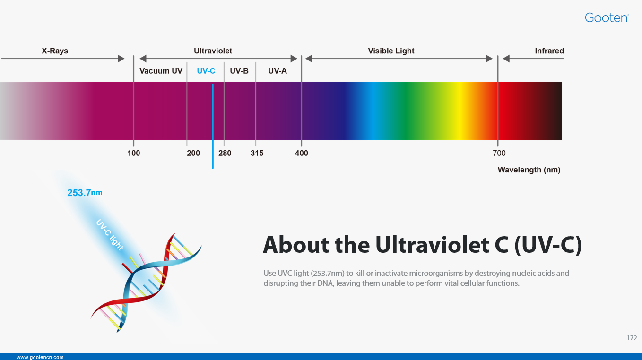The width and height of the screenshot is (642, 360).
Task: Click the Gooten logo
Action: click(607, 18)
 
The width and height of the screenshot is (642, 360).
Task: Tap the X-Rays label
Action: click(55, 51)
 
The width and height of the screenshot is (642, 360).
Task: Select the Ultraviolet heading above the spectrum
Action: click(213, 51)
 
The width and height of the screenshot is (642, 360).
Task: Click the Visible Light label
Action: click(391, 51)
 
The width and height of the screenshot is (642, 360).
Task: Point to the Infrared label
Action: click(549, 51)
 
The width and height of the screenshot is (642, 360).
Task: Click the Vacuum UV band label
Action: click(161, 71)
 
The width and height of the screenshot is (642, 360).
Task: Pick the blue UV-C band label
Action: click(206, 71)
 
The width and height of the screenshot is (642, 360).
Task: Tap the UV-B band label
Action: click(239, 71)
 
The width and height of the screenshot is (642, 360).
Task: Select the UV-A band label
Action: click(278, 71)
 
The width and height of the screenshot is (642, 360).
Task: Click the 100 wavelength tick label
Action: click(134, 153)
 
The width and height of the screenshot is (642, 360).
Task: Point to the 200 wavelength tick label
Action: click(193, 153)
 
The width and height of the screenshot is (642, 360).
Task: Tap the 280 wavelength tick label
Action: click(225, 153)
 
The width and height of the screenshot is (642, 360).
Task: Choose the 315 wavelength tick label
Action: click(257, 153)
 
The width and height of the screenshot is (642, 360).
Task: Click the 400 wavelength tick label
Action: click(302, 153)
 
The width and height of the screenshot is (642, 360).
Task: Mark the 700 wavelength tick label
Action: click(499, 153)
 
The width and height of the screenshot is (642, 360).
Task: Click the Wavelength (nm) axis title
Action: click(529, 170)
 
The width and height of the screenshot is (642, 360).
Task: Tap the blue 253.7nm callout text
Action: click(85, 193)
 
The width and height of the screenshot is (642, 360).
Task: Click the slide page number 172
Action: click(632, 338)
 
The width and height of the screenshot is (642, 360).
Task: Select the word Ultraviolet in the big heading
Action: click(432, 245)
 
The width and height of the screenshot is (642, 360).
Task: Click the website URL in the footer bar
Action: click(40, 357)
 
